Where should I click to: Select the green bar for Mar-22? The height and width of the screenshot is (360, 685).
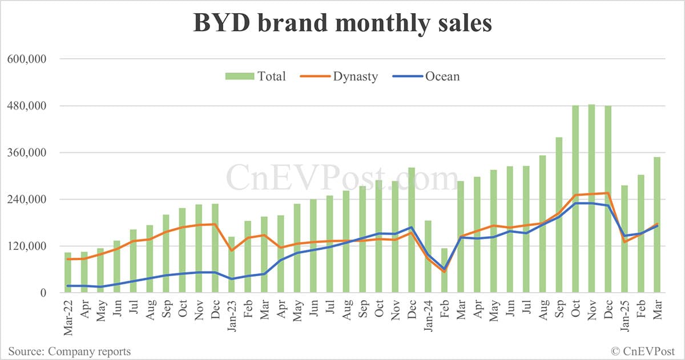[x=68, y=273]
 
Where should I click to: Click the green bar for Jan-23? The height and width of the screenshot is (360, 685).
[x=231, y=265]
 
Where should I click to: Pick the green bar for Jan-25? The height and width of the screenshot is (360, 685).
[x=624, y=240]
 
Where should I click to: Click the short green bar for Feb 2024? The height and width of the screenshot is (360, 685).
[x=444, y=270]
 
